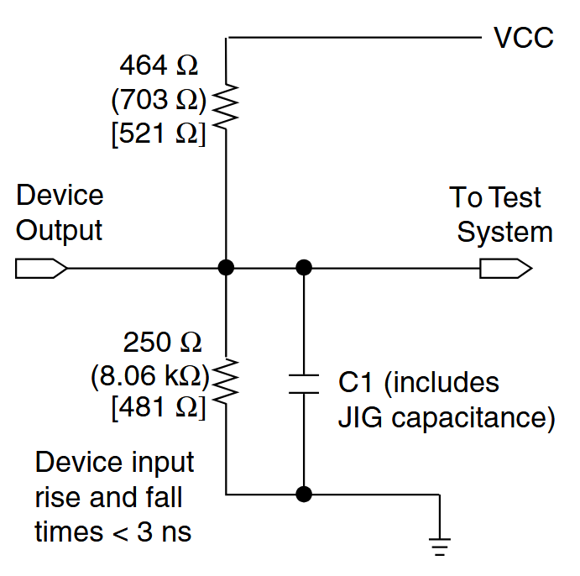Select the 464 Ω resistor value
160,65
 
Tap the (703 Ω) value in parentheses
158,100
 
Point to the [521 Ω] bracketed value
158,134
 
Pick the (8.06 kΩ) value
150,376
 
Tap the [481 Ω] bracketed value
158,409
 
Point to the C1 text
355,383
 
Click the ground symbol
439,546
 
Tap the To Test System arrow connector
505,269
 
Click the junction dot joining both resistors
226,268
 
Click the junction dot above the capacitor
304,268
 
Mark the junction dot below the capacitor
304,494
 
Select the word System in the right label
504,233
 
